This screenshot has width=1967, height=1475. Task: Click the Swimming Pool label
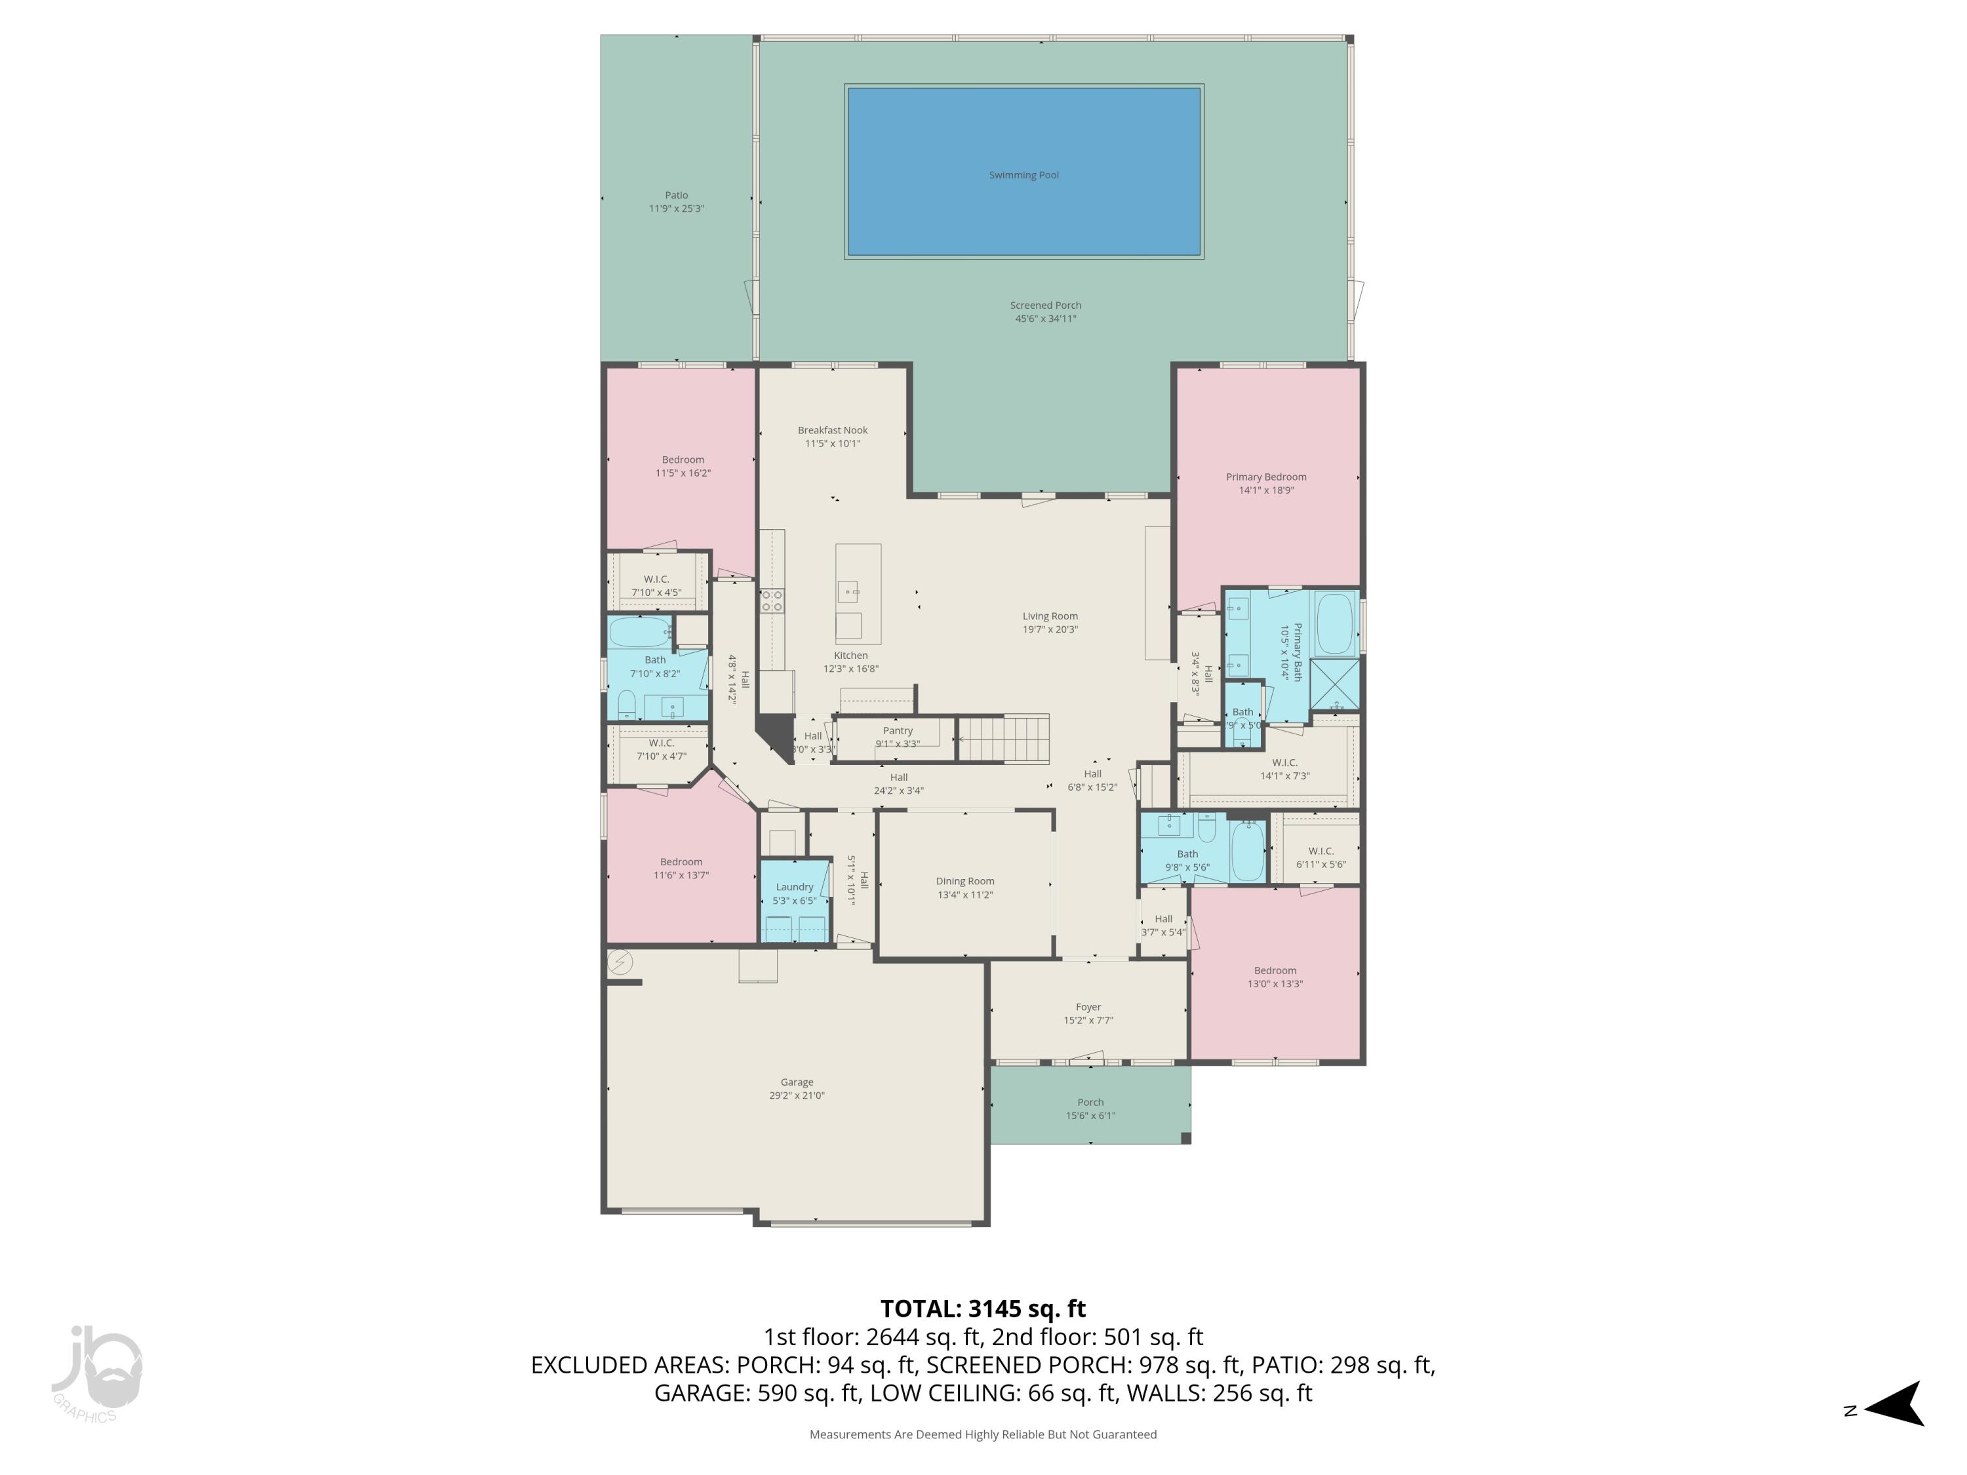click(x=1023, y=175)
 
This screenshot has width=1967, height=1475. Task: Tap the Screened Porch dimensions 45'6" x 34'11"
click(x=1045, y=319)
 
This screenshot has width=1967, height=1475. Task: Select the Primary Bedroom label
click(x=1265, y=477)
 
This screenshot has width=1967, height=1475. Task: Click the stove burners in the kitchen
click(x=772, y=601)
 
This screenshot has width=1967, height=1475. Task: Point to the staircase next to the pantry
click(x=1003, y=739)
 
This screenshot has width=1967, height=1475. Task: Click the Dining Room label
click(x=965, y=881)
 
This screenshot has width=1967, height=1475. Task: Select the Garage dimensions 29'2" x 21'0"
click(x=797, y=1095)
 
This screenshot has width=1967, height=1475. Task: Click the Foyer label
click(x=1088, y=1008)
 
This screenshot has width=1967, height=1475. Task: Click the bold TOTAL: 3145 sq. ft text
click(x=983, y=1308)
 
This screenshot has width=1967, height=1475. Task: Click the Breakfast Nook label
click(x=832, y=430)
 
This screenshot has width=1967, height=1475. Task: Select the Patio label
click(x=676, y=195)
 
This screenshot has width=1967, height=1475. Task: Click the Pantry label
click(x=897, y=731)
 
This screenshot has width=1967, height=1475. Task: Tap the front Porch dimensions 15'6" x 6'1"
click(x=1090, y=1115)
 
